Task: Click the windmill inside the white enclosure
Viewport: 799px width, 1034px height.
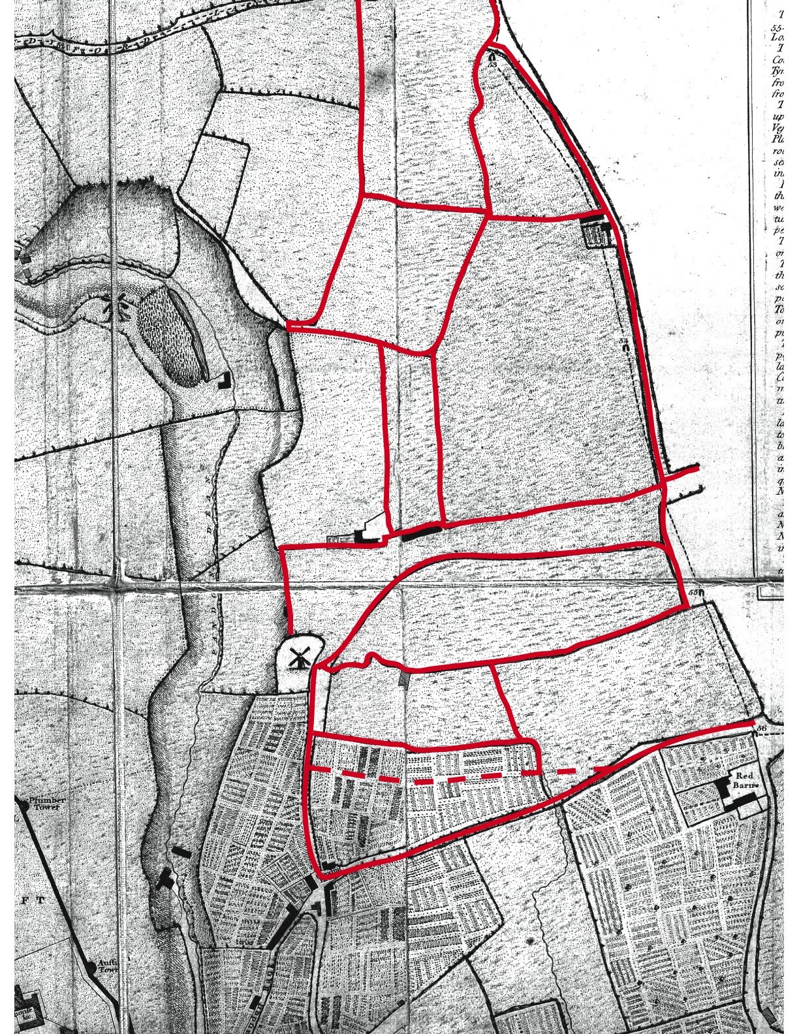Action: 299,658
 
